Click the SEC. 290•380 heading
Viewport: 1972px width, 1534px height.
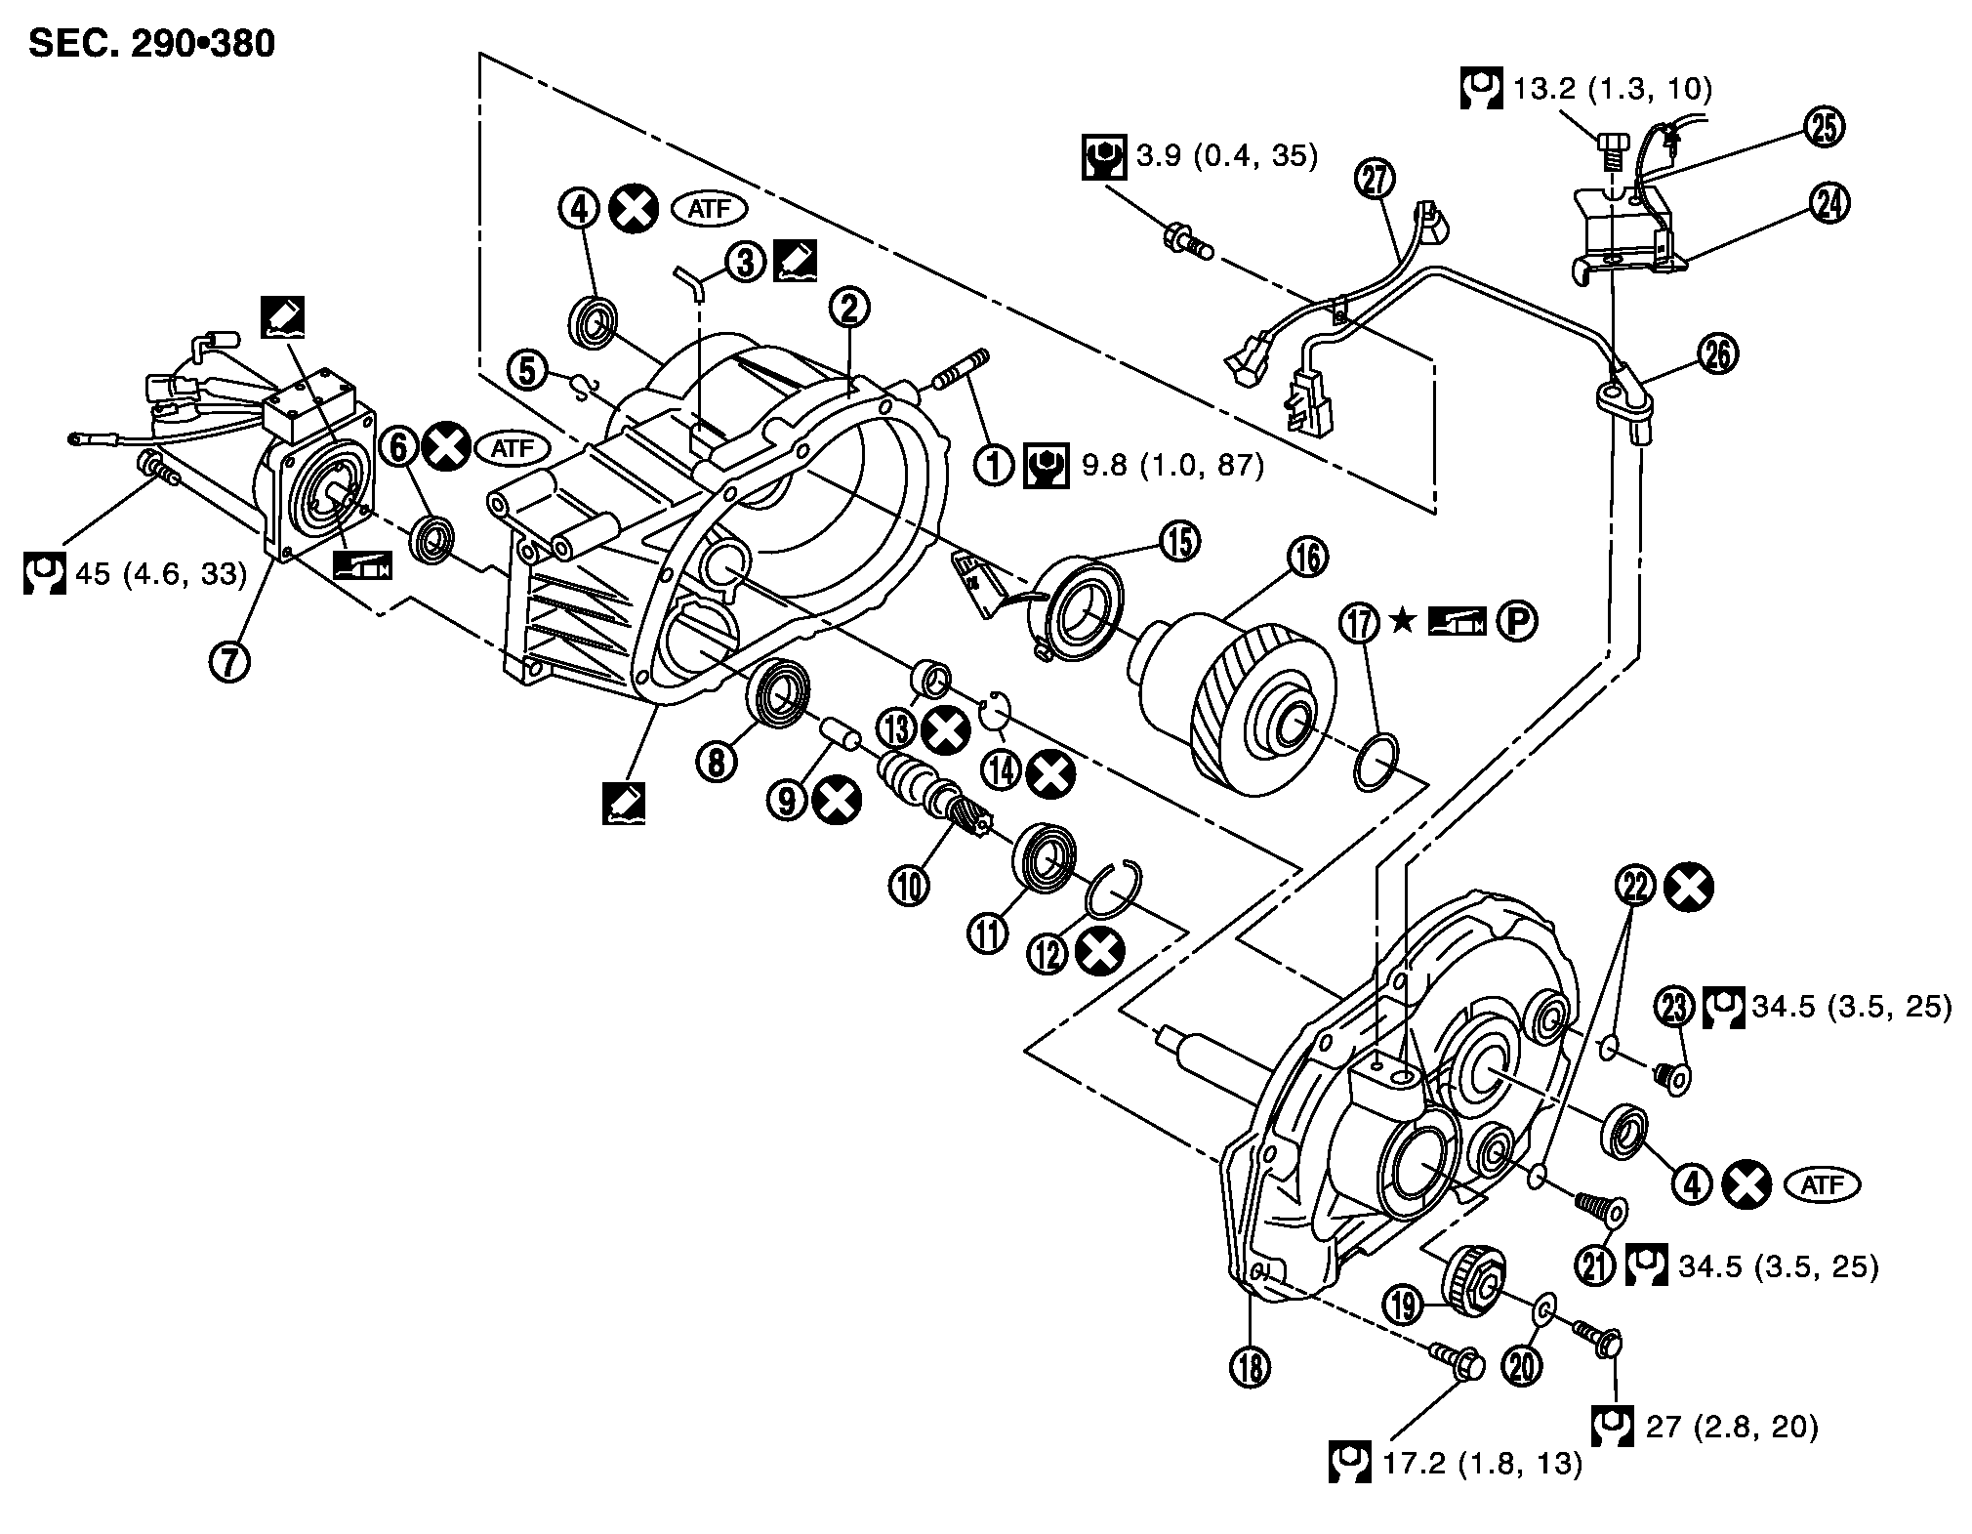click(152, 43)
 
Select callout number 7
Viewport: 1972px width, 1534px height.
click(229, 661)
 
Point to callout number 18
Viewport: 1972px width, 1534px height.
click(1251, 1367)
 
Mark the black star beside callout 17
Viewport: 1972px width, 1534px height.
click(1402, 621)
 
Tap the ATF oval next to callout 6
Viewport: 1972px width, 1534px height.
click(513, 448)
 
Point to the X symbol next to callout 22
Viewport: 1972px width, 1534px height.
click(1690, 888)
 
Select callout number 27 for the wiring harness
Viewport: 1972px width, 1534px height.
click(1376, 179)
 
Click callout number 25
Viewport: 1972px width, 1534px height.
click(1824, 127)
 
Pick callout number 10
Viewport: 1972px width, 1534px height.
click(909, 885)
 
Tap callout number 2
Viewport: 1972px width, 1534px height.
click(848, 309)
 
